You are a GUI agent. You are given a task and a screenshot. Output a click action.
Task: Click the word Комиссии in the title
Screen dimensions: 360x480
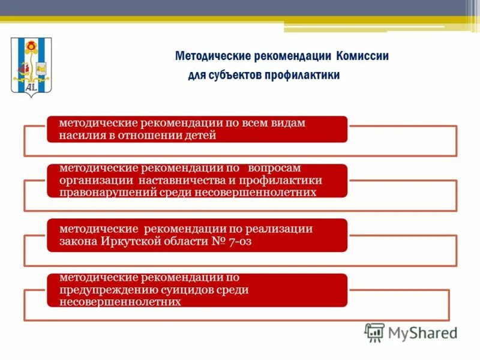362,56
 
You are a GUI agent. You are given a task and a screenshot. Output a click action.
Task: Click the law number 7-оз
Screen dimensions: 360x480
230,241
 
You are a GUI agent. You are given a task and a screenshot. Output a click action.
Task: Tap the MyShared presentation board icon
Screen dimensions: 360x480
374,332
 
